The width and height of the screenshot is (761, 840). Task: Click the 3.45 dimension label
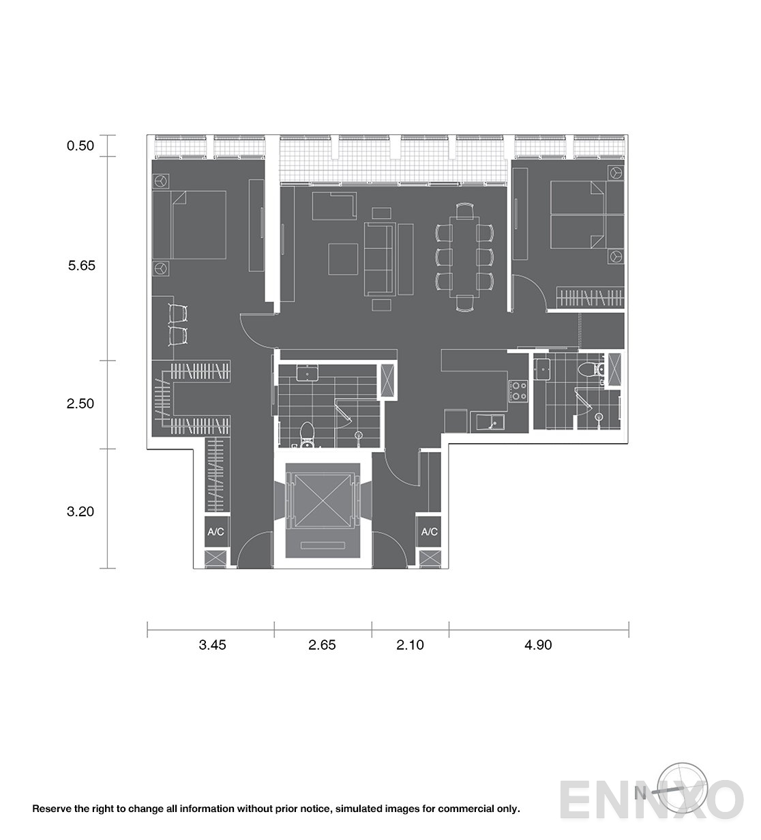point(212,644)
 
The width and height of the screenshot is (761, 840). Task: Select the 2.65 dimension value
point(322,644)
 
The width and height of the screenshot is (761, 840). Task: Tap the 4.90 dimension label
point(538,644)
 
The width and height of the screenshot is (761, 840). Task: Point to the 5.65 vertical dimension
point(82,265)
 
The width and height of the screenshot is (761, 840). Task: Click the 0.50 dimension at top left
point(80,146)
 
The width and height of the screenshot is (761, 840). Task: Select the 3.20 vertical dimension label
point(80,511)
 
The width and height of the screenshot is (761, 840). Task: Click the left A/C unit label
point(215,532)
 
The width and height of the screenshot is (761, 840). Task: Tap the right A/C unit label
point(430,532)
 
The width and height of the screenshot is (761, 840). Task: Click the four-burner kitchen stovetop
point(518,391)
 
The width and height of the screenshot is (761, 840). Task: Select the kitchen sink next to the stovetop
point(488,422)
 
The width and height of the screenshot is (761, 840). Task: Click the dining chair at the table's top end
point(464,211)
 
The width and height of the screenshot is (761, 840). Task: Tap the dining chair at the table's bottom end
point(464,303)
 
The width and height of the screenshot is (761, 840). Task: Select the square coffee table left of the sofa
point(343,259)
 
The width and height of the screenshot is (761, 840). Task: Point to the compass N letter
point(640,793)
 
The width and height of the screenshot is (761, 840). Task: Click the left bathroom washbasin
point(307,373)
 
